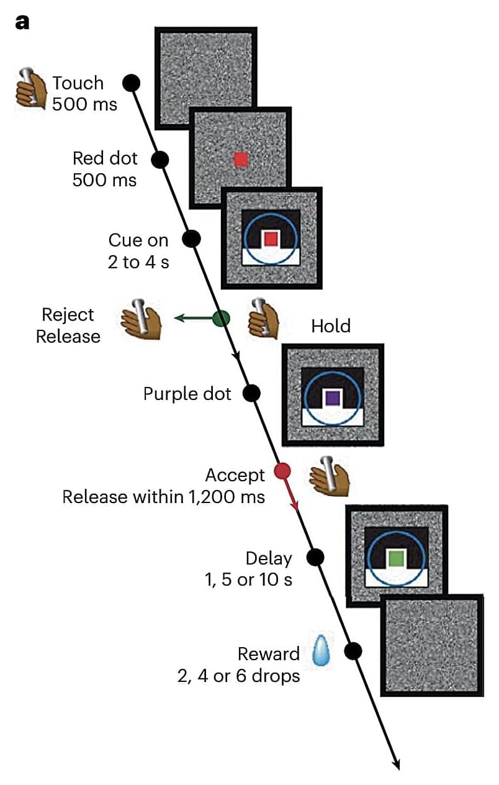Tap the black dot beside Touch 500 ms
[132, 82]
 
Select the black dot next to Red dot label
[160, 160]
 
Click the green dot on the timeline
[221, 319]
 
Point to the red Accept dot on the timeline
[282, 471]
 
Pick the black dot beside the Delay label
[315, 557]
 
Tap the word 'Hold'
[331, 326]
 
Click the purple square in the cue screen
[331, 398]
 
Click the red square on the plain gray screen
[241, 160]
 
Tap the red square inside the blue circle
[270, 239]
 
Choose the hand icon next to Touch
[31, 91]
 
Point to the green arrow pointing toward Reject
[192, 319]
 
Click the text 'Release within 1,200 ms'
[164, 497]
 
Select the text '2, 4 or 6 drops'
[238, 676]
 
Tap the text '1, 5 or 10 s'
[248, 580]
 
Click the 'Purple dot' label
[187, 394]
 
